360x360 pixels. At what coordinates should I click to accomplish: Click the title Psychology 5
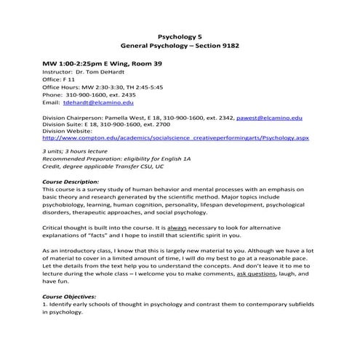[x=180, y=35]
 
